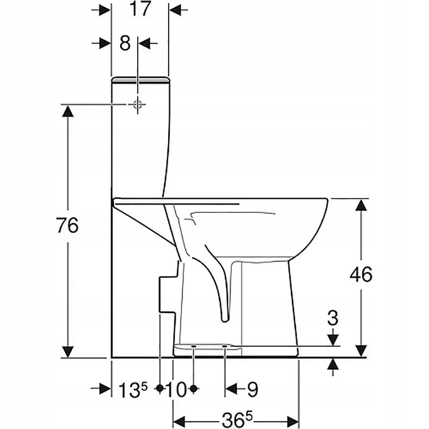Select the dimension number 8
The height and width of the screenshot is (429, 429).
[x=125, y=43]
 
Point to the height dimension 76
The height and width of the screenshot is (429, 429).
[x=68, y=225]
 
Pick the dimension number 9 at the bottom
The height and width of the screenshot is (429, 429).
[x=252, y=390]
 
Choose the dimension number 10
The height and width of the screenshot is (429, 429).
[x=176, y=390]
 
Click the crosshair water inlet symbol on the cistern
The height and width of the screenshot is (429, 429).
[x=137, y=104]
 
